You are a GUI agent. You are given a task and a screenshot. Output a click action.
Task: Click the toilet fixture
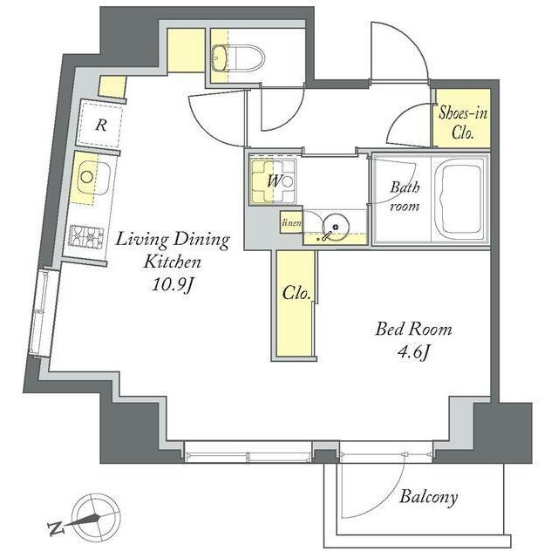coord(238,58)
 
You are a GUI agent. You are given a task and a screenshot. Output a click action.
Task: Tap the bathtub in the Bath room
coord(460,200)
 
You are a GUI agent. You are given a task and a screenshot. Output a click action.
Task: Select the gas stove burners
coord(86,236)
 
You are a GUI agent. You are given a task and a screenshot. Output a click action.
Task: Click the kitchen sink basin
coord(91,177)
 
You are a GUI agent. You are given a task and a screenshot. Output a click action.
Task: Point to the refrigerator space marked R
coord(101,125)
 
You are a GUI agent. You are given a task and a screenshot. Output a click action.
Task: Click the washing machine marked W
coord(273,182)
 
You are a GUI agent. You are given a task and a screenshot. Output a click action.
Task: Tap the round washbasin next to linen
coord(336,227)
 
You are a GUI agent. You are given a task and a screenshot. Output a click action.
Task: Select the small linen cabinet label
coord(291,223)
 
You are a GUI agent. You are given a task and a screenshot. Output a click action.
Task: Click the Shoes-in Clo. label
coord(463,123)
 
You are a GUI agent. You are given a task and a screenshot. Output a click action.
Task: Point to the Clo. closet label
coord(296,293)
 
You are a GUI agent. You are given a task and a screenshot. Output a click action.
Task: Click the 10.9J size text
coord(173,284)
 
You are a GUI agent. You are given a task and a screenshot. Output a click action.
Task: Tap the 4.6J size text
coord(413,352)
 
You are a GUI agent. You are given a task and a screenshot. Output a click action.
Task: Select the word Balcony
coord(428,497)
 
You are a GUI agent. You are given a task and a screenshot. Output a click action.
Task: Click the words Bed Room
coord(413,330)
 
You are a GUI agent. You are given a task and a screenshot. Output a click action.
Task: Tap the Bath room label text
coord(405,197)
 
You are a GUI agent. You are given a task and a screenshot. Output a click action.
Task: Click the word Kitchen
coord(173,262)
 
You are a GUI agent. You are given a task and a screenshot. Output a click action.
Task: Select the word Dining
coord(201,241)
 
